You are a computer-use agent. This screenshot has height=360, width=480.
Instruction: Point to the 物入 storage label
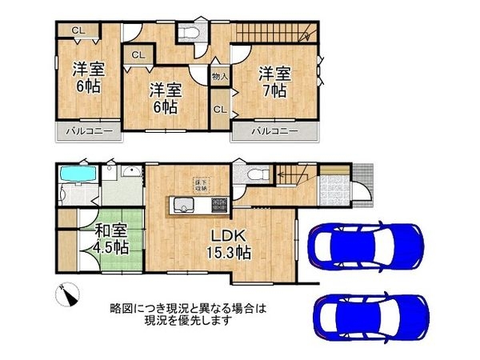pyautogui.click(x=219, y=76)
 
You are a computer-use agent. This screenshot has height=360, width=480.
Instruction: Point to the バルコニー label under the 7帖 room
pyautogui.click(x=275, y=130)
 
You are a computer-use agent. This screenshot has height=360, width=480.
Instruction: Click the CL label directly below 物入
pyautogui.click(x=218, y=110)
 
